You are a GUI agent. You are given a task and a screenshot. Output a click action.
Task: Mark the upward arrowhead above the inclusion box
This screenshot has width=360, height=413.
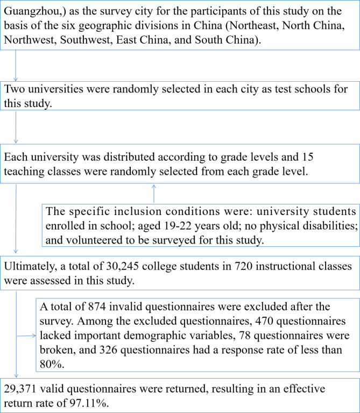click(x=154, y=186)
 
